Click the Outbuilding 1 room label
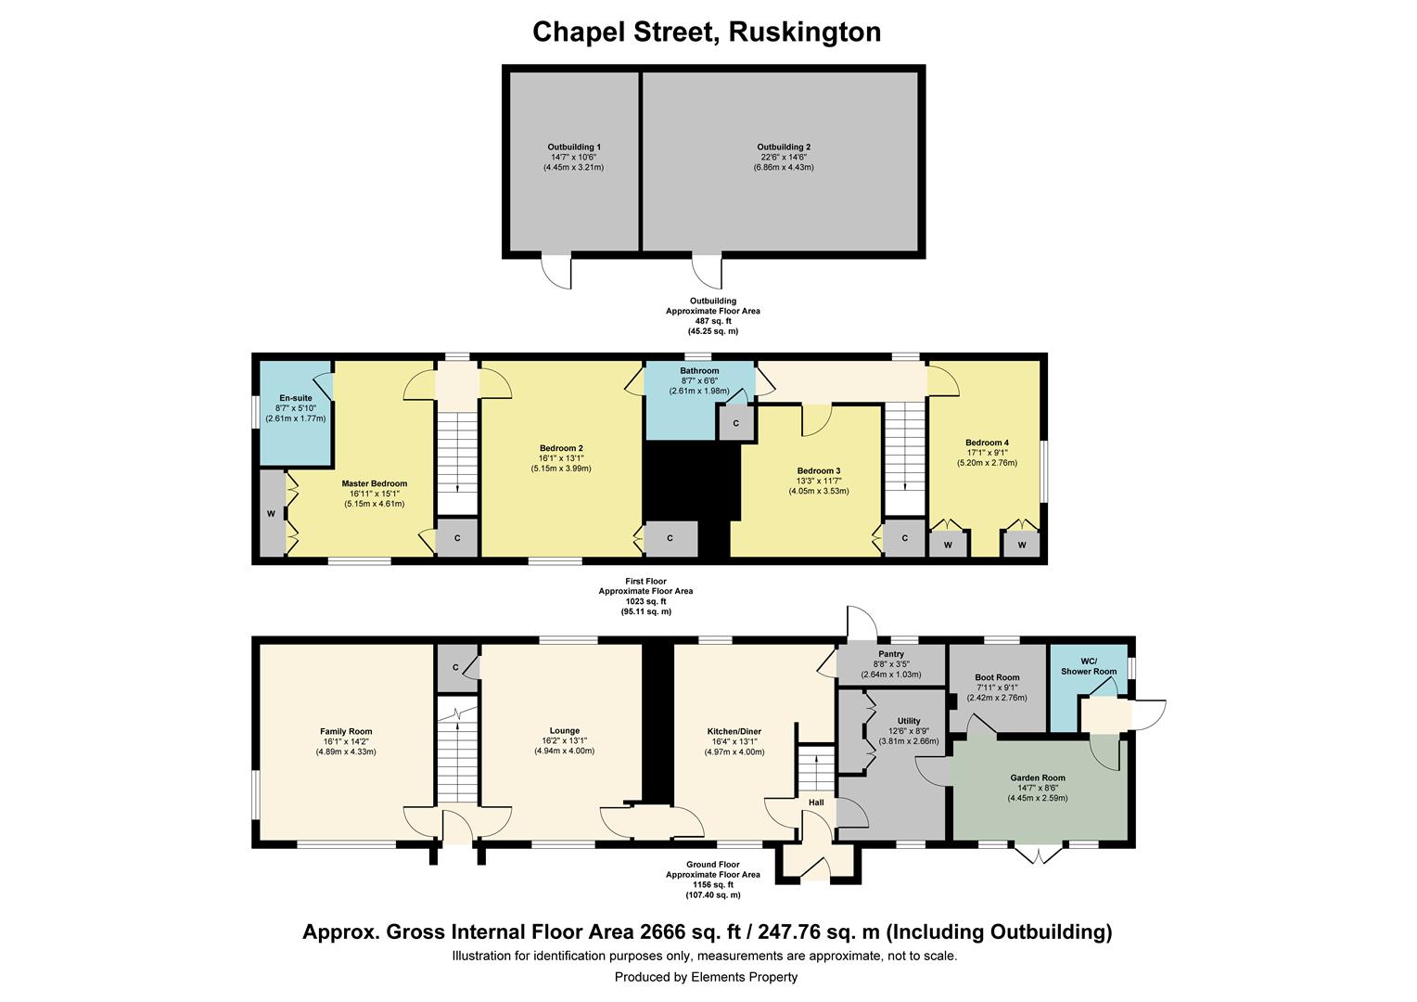573,147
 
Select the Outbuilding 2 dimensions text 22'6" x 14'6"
784,158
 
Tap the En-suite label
296,398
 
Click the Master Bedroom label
374,483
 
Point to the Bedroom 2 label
561,448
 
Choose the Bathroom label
699,371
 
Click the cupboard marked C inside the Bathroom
736,423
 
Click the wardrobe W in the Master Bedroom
272,513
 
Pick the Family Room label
346,732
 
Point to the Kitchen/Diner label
734,732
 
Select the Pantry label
890,654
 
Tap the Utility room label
909,721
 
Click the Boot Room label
997,678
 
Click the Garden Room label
1038,777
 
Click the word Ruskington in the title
804,32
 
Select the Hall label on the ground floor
816,803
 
